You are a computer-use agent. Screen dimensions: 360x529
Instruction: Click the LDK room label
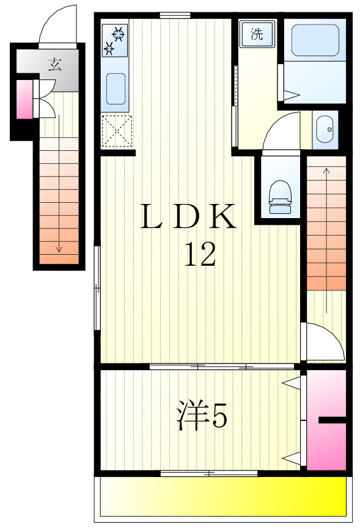point(188,216)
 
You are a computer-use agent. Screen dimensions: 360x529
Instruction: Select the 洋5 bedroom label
point(202,415)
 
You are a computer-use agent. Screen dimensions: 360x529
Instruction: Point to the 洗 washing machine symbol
point(257,34)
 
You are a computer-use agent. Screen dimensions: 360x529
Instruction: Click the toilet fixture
point(280,197)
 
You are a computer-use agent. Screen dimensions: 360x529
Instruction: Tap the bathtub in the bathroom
point(315,40)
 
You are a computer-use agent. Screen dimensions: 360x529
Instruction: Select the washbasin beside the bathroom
point(325,130)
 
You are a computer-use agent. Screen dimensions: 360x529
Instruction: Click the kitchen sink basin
point(116,89)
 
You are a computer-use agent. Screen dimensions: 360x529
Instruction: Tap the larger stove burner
point(119,34)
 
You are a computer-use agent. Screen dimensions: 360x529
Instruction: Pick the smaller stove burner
point(109,49)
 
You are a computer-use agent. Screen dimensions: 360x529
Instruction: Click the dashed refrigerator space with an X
point(117,131)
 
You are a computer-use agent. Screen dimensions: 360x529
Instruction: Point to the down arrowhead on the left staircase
point(59,249)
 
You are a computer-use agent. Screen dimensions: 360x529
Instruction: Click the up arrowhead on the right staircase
point(326,170)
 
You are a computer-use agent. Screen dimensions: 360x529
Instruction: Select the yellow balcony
point(224,496)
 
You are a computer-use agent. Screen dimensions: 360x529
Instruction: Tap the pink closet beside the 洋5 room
point(326,420)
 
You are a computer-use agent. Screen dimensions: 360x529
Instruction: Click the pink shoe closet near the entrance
point(24,100)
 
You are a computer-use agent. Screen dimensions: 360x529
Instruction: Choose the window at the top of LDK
point(175,15)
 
